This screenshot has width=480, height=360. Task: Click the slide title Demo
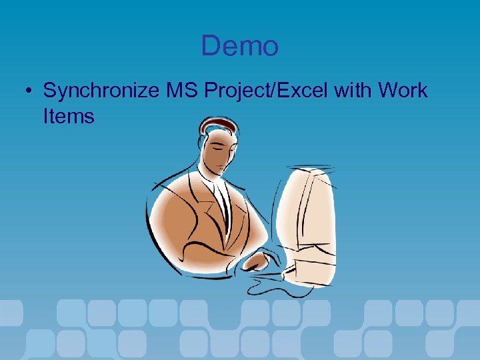pos(239,46)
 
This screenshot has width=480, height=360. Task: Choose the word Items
pos(69,117)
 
